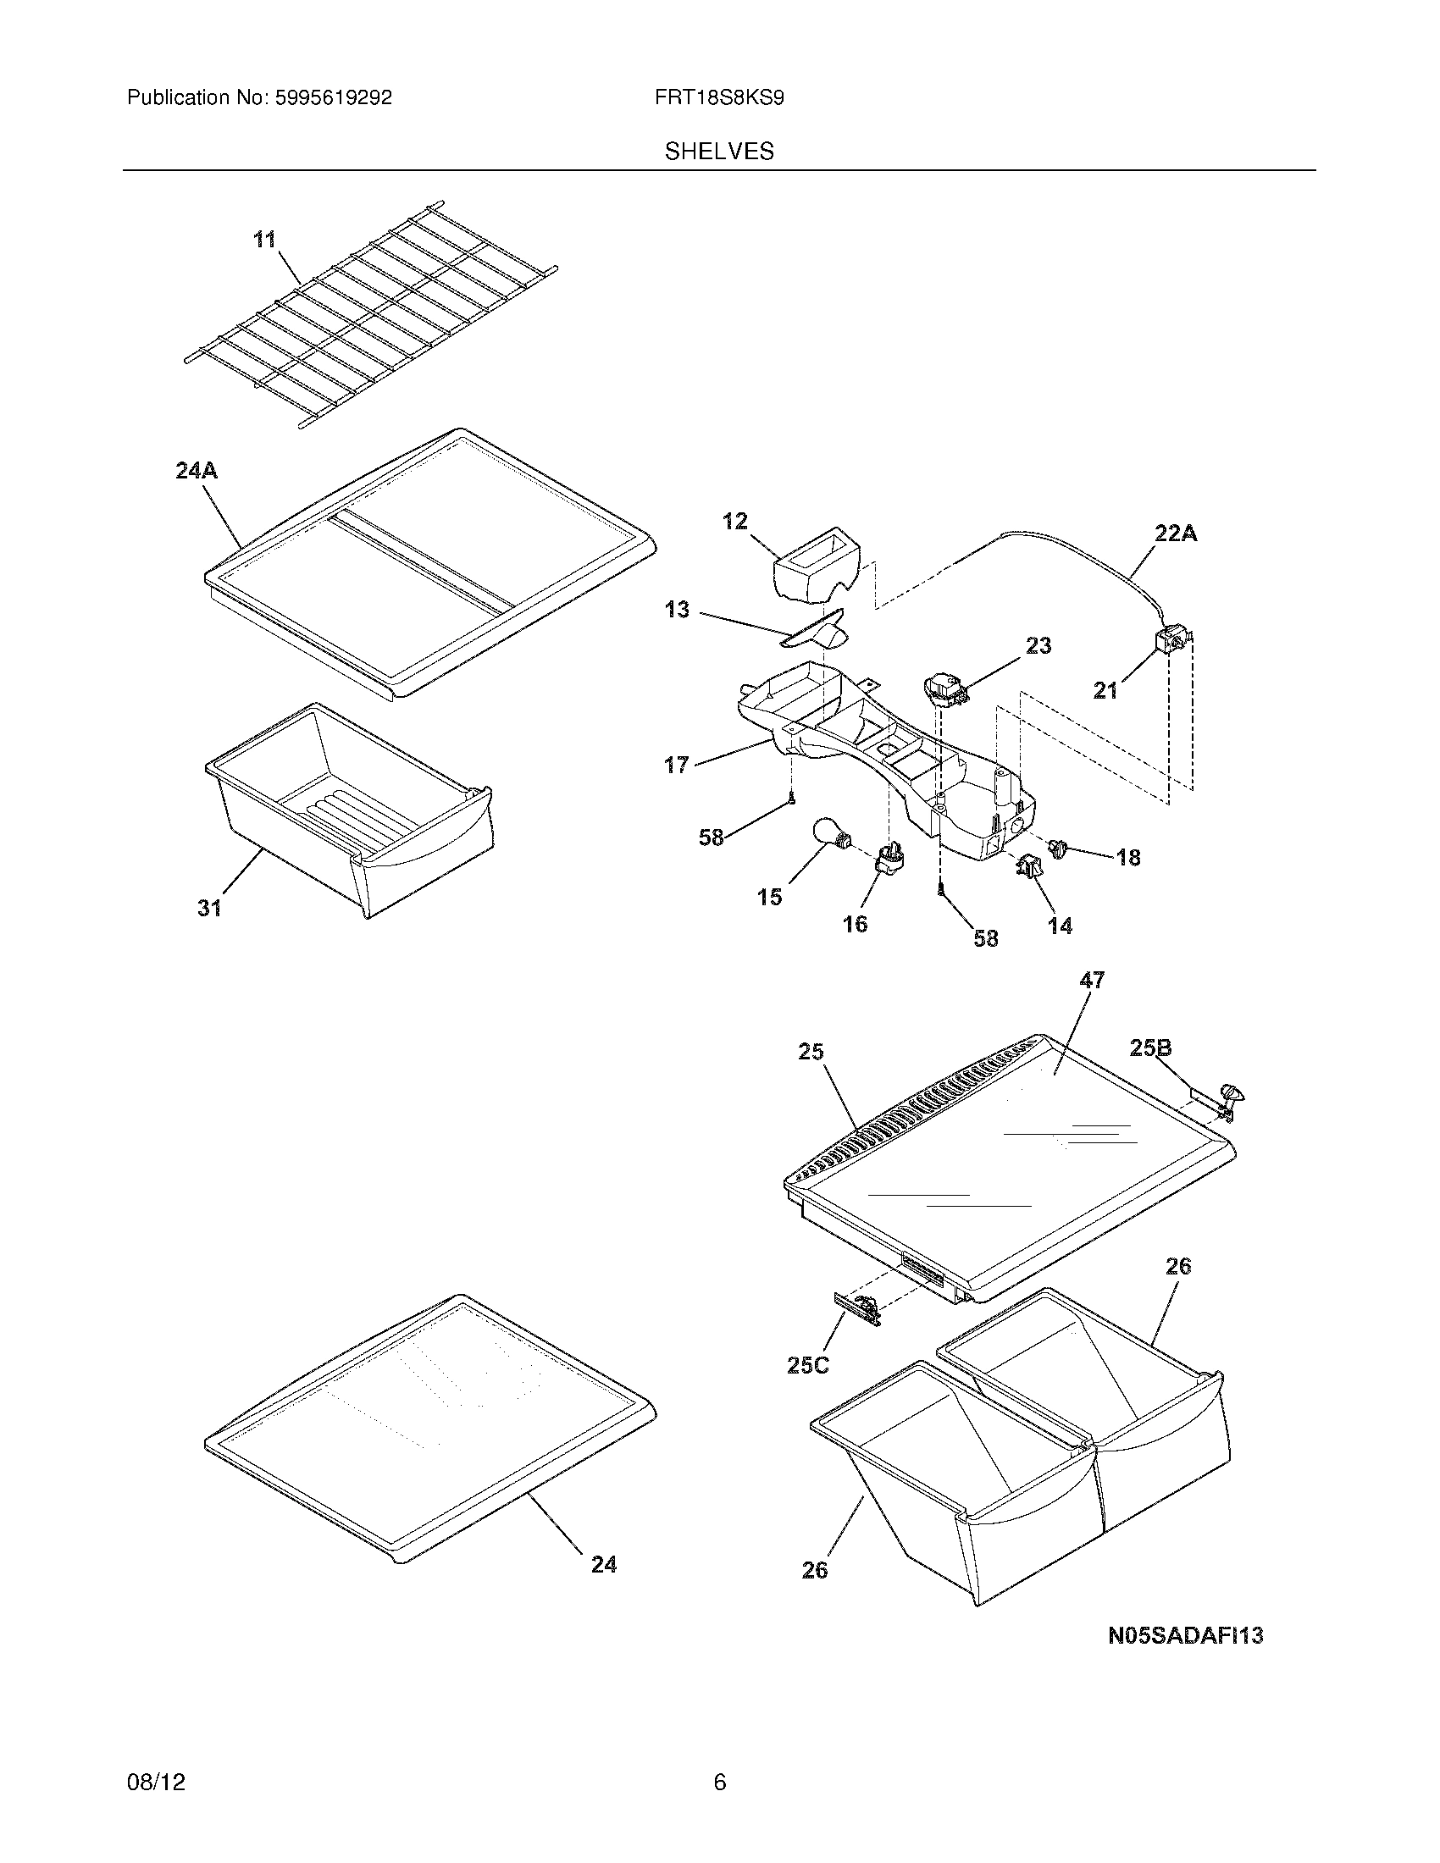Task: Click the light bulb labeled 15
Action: tap(829, 834)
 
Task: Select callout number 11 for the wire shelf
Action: tap(265, 240)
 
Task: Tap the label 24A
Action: tap(197, 470)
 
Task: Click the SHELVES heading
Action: tap(719, 152)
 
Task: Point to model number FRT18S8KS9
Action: tap(719, 98)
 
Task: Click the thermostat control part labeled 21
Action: tap(1174, 642)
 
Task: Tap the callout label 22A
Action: tap(1176, 534)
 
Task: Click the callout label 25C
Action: tap(807, 1366)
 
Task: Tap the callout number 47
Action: tap(1091, 981)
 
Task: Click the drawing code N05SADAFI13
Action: tap(1185, 1636)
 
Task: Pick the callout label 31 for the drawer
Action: tap(210, 909)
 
